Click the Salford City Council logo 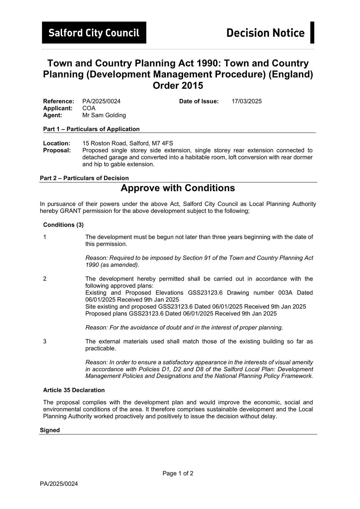(x=94, y=33)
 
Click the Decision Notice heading (x=265, y=33)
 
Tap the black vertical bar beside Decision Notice (x=312, y=32)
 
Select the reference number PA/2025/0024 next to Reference (x=101, y=101)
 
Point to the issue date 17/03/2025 (x=246, y=101)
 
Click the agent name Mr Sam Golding (x=104, y=115)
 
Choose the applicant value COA (x=89, y=108)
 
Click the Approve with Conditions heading (x=178, y=188)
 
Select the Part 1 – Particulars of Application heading (x=91, y=129)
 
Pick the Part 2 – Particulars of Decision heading (x=84, y=178)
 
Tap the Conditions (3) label (x=63, y=225)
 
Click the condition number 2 (x=45, y=279)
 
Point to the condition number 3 (x=45, y=341)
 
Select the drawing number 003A (x=285, y=293)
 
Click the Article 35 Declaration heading (x=74, y=390)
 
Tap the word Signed (x=50, y=430)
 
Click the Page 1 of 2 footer (x=178, y=473)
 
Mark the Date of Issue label (x=199, y=101)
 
